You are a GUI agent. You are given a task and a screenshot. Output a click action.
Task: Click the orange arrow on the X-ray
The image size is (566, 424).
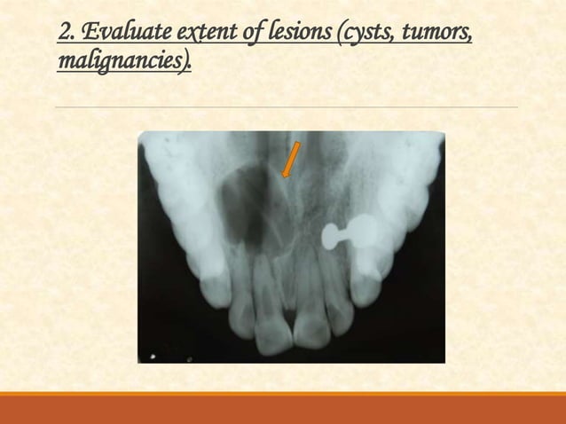(290, 160)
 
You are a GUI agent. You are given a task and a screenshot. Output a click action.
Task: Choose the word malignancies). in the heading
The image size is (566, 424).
(124, 63)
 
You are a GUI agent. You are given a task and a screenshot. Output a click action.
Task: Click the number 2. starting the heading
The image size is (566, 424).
(66, 35)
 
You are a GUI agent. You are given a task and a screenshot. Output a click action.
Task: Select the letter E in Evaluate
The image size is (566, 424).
(86, 35)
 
